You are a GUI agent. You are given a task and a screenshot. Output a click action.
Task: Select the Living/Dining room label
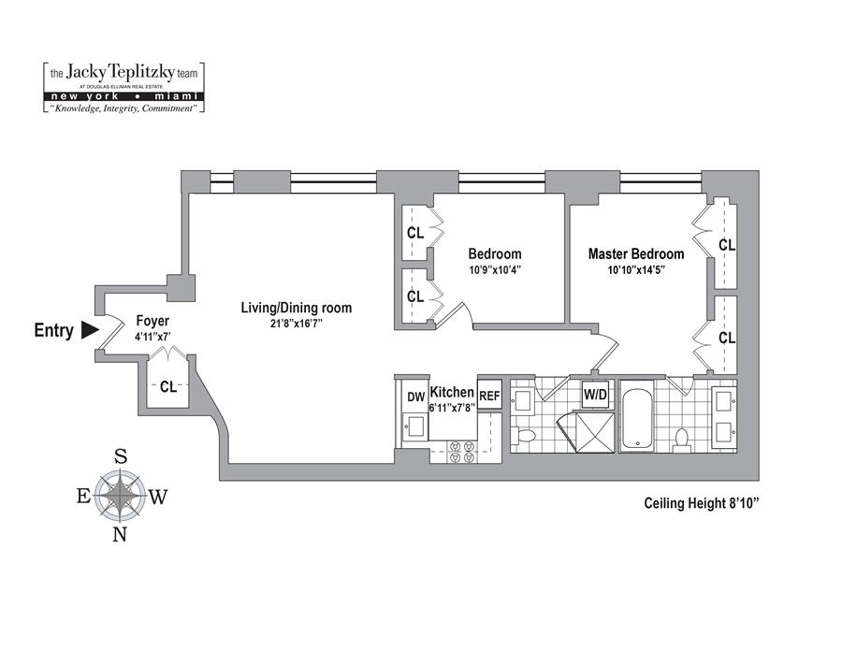(x=296, y=308)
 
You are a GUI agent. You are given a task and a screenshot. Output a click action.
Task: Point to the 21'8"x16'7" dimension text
(x=296, y=325)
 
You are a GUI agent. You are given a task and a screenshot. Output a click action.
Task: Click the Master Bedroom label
(x=635, y=253)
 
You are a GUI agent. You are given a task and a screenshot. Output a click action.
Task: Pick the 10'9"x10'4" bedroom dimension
(x=494, y=269)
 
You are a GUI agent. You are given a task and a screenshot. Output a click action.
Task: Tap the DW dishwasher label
(x=415, y=397)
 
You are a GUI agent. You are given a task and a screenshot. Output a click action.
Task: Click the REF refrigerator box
(x=489, y=397)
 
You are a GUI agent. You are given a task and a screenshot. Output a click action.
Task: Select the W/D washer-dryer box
(x=596, y=394)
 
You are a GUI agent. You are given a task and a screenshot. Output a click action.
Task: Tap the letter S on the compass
(x=121, y=456)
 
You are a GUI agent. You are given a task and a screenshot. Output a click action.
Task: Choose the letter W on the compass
(x=158, y=497)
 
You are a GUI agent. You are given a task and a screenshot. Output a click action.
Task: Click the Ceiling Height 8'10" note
(x=700, y=503)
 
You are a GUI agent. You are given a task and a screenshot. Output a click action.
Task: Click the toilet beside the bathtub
(x=681, y=438)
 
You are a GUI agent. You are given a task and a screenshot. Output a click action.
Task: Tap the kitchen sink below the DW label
(x=415, y=428)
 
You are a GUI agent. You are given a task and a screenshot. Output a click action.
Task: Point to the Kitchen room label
(x=452, y=392)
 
